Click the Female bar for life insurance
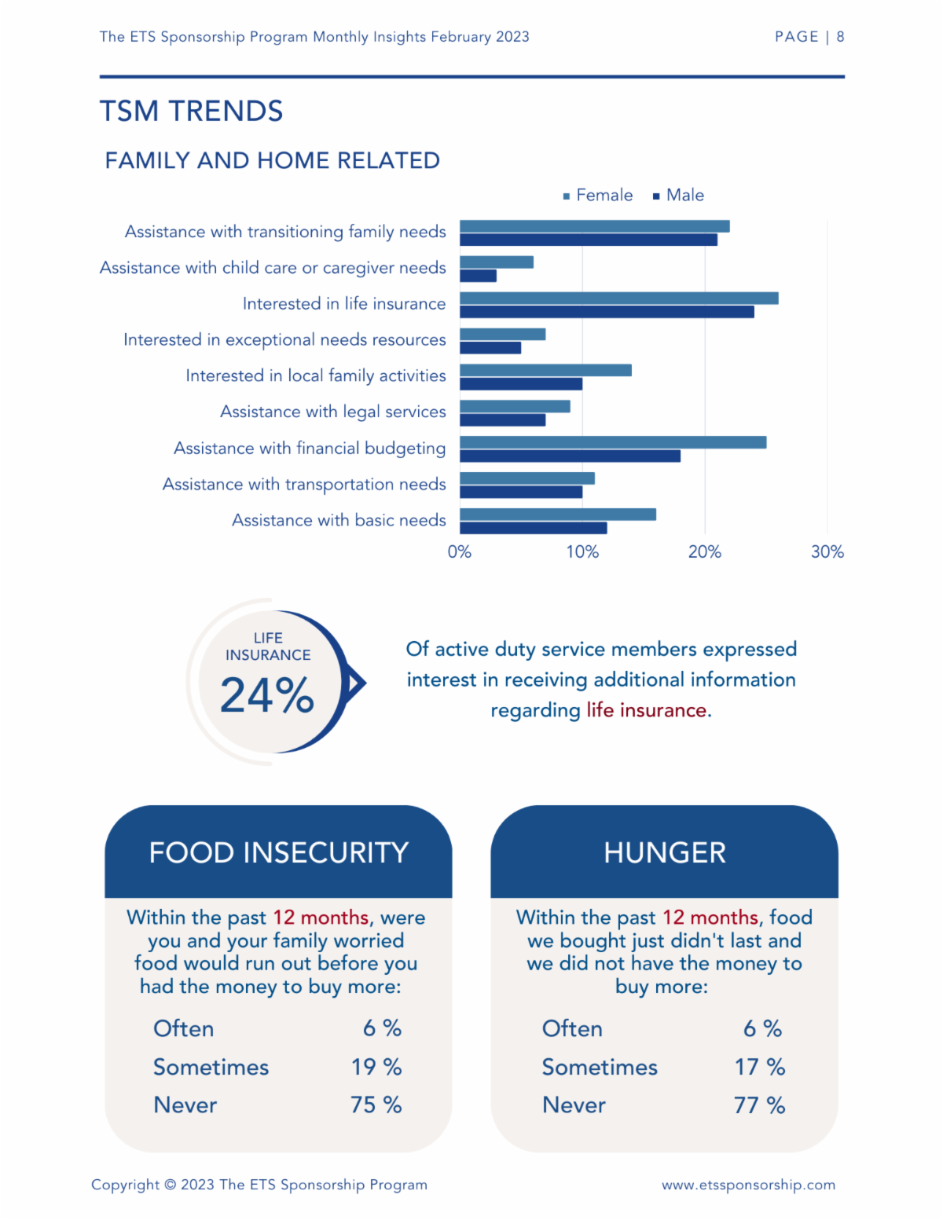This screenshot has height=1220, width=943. (618, 298)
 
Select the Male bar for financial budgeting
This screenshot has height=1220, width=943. (570, 456)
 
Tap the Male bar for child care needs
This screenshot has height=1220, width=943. (478, 276)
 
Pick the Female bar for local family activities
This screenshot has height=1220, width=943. (545, 370)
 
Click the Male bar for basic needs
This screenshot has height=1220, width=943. (533, 528)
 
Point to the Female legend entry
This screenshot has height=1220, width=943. (597, 196)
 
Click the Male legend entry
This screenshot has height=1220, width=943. (678, 196)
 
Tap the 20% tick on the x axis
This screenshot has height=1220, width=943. (705, 552)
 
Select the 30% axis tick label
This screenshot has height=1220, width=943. (827, 552)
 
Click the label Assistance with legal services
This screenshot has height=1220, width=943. (333, 412)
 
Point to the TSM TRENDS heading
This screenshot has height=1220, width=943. (192, 111)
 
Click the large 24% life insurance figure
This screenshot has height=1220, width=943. (266, 695)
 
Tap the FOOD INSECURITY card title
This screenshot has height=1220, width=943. (278, 852)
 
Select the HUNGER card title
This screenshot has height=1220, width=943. (665, 852)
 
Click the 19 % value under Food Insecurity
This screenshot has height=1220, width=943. (376, 1067)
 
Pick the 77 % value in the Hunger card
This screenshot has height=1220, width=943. (759, 1105)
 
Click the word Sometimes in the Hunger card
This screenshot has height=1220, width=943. (600, 1067)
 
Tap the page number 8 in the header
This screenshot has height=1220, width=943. (840, 37)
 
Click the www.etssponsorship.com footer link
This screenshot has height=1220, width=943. (748, 1184)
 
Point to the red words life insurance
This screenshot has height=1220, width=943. (647, 710)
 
